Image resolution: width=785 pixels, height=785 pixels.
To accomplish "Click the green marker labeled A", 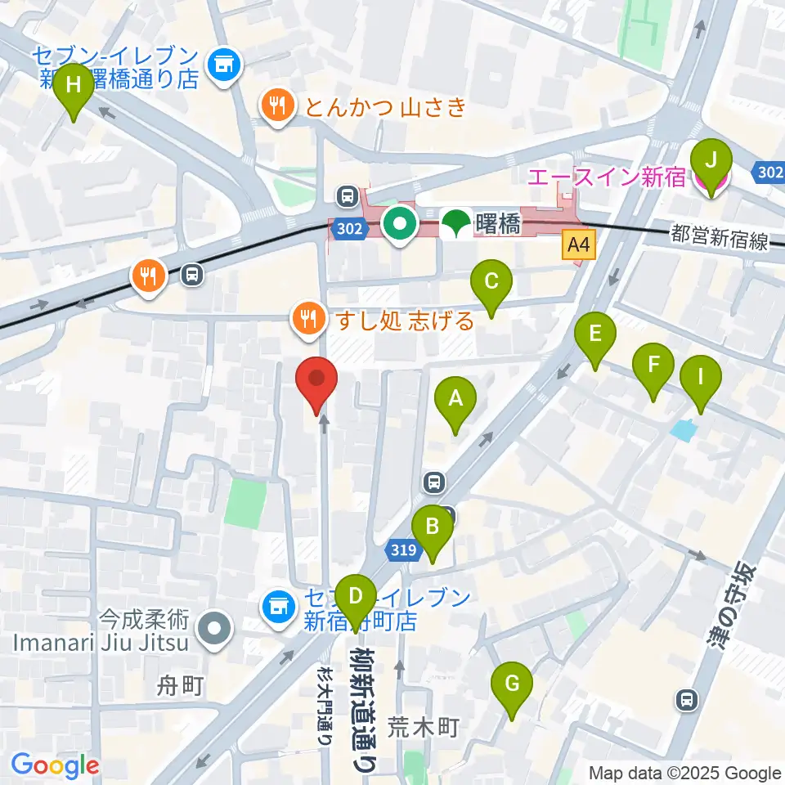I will click(455, 401).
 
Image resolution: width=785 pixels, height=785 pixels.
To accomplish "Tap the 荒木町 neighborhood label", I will click(425, 726).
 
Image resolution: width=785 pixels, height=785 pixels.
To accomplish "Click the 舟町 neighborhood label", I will click(179, 685).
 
